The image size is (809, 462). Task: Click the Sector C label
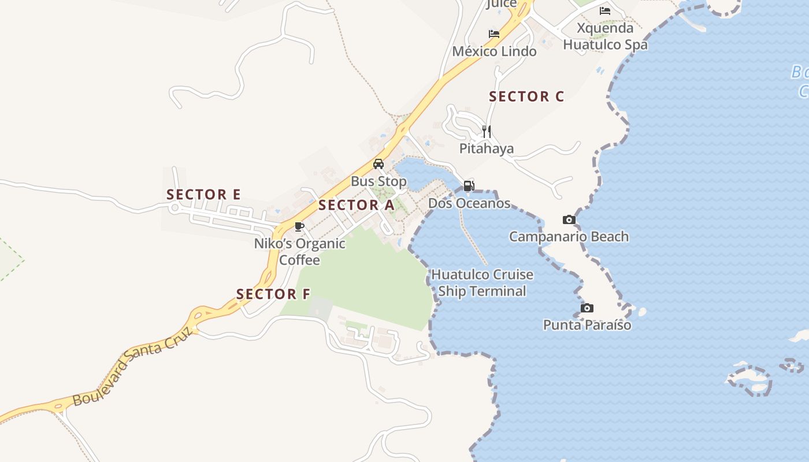click(526, 96)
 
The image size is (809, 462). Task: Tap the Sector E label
click(203, 195)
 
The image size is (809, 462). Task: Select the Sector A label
click(356, 205)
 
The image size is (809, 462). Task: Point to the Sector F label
click(273, 294)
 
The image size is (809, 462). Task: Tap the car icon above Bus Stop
click(378, 164)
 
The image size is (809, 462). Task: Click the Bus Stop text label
click(378, 181)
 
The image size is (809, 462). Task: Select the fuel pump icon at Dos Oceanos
click(469, 186)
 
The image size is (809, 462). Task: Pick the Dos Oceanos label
click(469, 203)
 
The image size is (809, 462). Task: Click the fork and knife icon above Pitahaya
click(487, 132)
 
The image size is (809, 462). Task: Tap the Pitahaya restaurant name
click(487, 148)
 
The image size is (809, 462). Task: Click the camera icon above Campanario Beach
click(569, 219)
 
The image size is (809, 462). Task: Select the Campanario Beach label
click(569, 236)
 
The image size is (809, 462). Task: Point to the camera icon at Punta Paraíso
click(587, 308)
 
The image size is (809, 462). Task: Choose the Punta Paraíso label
click(587, 325)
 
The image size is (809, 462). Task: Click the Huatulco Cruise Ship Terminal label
click(482, 282)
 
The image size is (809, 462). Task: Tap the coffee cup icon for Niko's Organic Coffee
click(299, 226)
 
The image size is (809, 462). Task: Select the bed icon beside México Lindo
click(494, 34)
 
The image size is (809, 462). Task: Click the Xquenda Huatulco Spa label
click(605, 36)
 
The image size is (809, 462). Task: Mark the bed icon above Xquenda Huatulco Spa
click(605, 10)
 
